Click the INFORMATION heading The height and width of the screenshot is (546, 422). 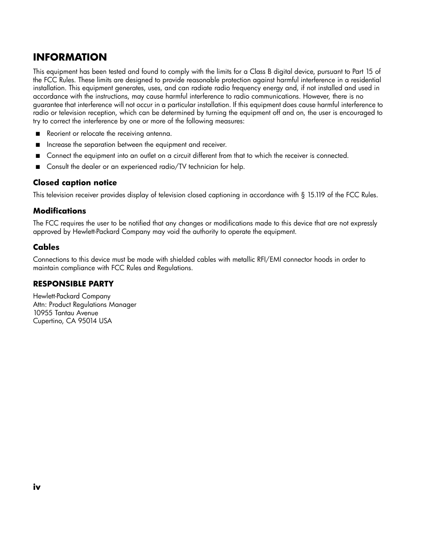tap(70, 57)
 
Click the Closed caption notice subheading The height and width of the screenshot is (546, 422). tap(75, 183)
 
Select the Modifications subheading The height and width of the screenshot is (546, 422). tap(59, 211)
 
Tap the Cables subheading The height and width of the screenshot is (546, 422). tap(46, 248)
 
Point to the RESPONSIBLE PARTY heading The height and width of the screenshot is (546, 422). tap(73, 284)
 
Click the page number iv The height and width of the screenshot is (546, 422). tap(37, 487)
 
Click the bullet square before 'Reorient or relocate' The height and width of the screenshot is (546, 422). tap(38, 134)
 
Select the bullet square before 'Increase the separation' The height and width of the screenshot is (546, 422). tap(38, 145)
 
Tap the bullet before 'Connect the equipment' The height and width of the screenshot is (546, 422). tap(38, 156)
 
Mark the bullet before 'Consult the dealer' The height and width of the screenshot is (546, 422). tap(38, 167)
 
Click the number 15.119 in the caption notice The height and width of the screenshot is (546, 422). tap(316, 195)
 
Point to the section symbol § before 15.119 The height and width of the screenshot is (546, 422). tap(303, 195)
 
